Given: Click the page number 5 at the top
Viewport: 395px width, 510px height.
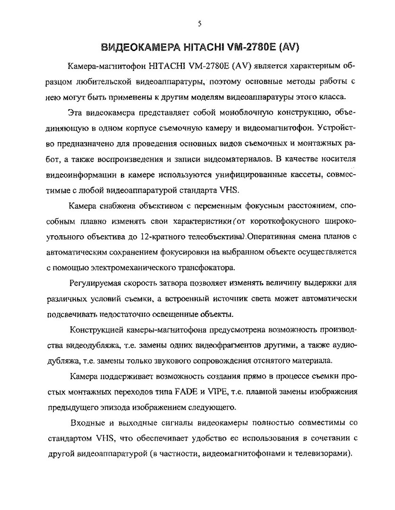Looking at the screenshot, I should click(200, 24).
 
